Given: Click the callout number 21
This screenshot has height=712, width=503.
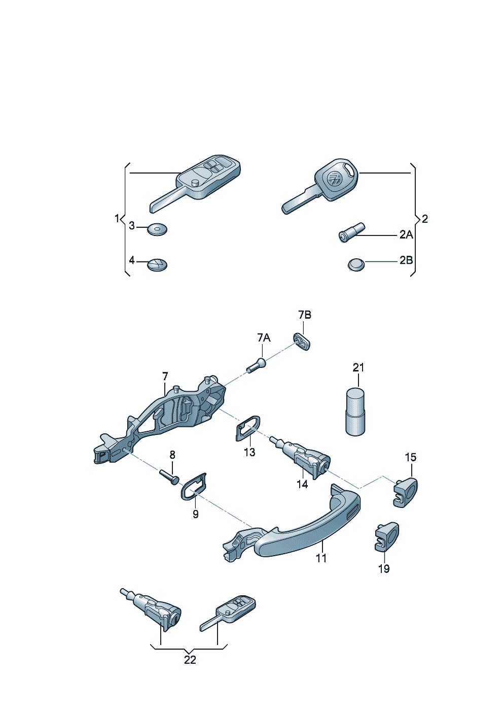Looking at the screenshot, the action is pos(358,367).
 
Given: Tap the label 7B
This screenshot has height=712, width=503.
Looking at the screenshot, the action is pos(305,315).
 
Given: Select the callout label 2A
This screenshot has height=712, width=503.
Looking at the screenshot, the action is pos(406,235).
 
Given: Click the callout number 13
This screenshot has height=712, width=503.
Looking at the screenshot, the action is pos(250,452).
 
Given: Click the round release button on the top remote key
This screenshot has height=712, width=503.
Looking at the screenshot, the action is pos(196,183).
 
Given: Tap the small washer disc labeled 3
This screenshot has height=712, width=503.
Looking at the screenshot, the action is pos(158,229).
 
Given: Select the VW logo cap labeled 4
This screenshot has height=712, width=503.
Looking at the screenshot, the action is pos(158,264).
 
